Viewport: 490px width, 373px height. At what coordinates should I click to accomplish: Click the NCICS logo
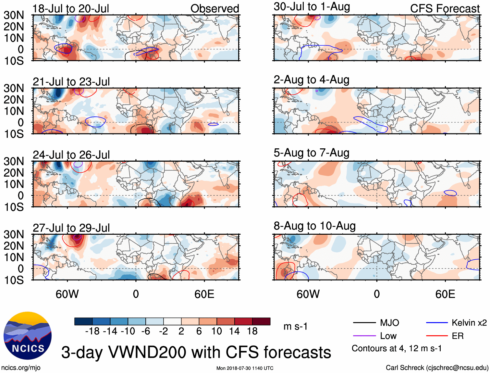[28, 336]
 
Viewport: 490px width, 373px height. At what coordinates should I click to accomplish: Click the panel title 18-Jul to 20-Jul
[71, 9]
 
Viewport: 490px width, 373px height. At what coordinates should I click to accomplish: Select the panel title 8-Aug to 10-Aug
[314, 226]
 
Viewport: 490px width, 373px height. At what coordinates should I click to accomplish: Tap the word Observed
[214, 9]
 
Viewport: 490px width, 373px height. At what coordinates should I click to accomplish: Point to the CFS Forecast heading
[445, 9]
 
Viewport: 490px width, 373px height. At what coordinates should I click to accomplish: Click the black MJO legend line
[364, 323]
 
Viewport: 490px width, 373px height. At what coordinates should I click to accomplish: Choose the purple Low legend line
[364, 336]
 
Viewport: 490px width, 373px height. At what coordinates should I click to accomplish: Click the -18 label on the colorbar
[92, 331]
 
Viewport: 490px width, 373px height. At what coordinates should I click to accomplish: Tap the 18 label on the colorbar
[252, 331]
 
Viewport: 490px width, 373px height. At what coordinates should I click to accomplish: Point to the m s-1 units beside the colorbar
[295, 327]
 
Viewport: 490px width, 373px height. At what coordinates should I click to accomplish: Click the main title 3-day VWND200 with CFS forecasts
[196, 352]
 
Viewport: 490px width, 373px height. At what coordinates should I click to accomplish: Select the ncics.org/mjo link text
[21, 368]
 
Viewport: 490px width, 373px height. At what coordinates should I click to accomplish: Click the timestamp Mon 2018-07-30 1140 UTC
[245, 368]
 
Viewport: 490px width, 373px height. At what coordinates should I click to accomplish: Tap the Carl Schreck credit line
[437, 368]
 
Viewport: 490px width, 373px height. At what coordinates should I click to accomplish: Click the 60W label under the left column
[67, 294]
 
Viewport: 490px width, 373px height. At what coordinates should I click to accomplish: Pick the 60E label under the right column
[445, 294]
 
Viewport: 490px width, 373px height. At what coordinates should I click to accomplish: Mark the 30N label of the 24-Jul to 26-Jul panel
[14, 161]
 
